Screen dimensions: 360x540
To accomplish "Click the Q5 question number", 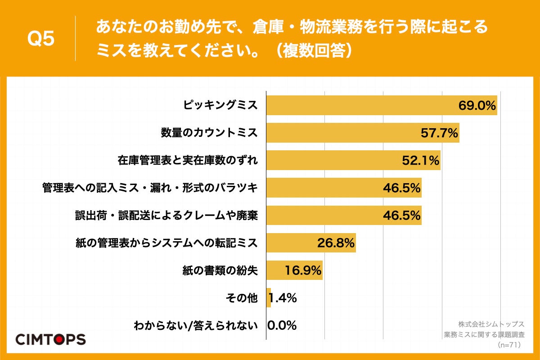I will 41,39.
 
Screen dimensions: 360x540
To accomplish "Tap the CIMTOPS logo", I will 50,339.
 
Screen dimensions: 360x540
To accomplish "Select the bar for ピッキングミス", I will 360,105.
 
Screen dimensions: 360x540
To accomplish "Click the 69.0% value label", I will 477,106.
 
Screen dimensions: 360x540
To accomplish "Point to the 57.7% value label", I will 439,133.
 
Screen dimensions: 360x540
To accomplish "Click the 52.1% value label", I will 420,161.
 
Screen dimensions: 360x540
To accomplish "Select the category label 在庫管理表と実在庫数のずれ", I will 188,161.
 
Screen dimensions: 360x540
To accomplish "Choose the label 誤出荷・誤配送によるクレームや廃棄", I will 166,216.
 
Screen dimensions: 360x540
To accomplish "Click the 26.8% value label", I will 336,243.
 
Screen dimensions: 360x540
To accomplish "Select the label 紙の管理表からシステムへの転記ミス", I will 166,243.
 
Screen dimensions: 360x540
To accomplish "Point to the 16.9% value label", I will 303,270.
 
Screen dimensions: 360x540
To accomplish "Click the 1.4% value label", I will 283,298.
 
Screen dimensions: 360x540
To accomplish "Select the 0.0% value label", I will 282,325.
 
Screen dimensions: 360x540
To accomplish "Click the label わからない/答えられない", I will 195,326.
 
